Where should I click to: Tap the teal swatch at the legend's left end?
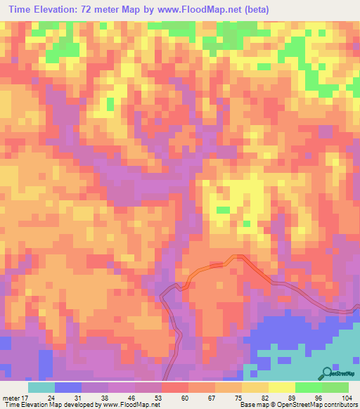point(41,387)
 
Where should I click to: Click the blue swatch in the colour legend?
point(68,387)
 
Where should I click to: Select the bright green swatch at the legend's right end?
point(335,387)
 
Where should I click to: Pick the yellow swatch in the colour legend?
point(282,387)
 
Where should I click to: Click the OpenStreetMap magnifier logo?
point(326,374)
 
